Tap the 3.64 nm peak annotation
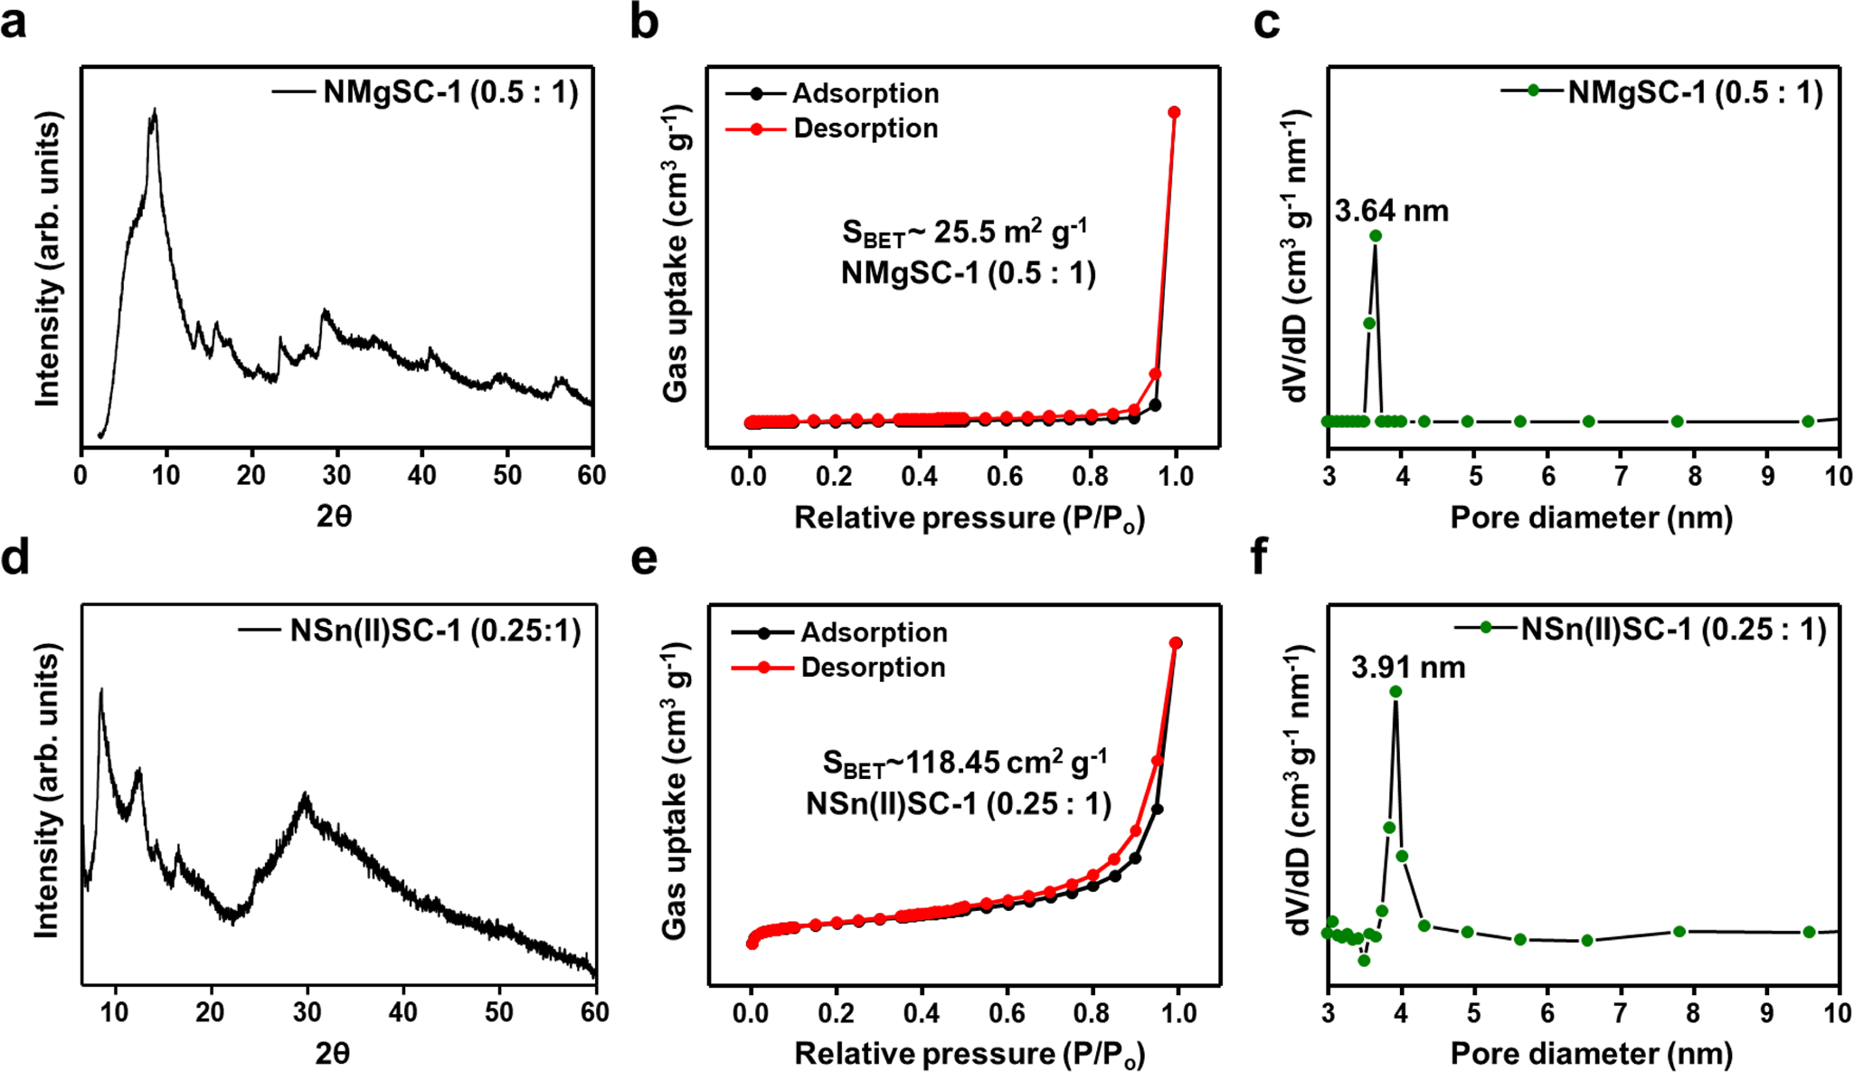pyautogui.click(x=1391, y=211)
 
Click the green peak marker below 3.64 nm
pyautogui.click(x=1376, y=236)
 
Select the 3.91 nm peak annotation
pyautogui.click(x=1407, y=668)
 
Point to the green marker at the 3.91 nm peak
pyautogui.click(x=1395, y=692)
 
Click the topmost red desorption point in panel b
pyautogui.click(x=1174, y=112)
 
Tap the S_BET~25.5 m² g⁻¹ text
pyautogui.click(x=964, y=233)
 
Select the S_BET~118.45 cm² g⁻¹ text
pyautogui.click(x=964, y=764)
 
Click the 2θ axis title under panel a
pyautogui.click(x=334, y=516)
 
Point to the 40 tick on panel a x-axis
pyautogui.click(x=421, y=475)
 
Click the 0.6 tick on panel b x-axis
pyautogui.click(x=1005, y=475)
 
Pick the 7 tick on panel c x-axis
pyautogui.click(x=1621, y=475)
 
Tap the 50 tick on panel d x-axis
pyautogui.click(x=499, y=1011)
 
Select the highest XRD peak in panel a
pyautogui.click(x=155, y=110)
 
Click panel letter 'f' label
pyautogui.click(x=1259, y=557)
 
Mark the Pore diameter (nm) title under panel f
pyautogui.click(x=1591, y=1053)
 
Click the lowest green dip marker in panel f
pyautogui.click(x=1364, y=960)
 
